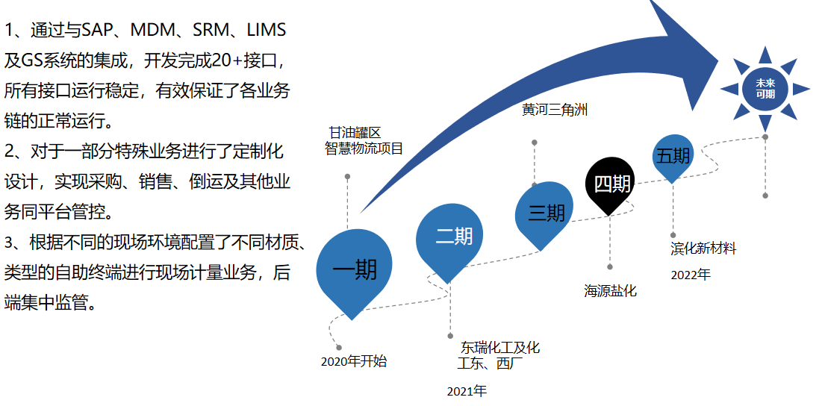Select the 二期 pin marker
coord(453,237)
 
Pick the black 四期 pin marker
coord(611,184)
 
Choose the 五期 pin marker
coord(673,157)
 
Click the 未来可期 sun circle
coord(765,89)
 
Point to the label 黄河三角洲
coord(555,110)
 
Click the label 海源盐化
coord(610,291)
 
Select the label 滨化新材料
coord(703,249)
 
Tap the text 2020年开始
coord(354,362)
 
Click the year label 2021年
coord(467,391)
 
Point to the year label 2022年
coord(690,275)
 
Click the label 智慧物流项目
coord(364,148)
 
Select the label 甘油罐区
coord(355,133)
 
